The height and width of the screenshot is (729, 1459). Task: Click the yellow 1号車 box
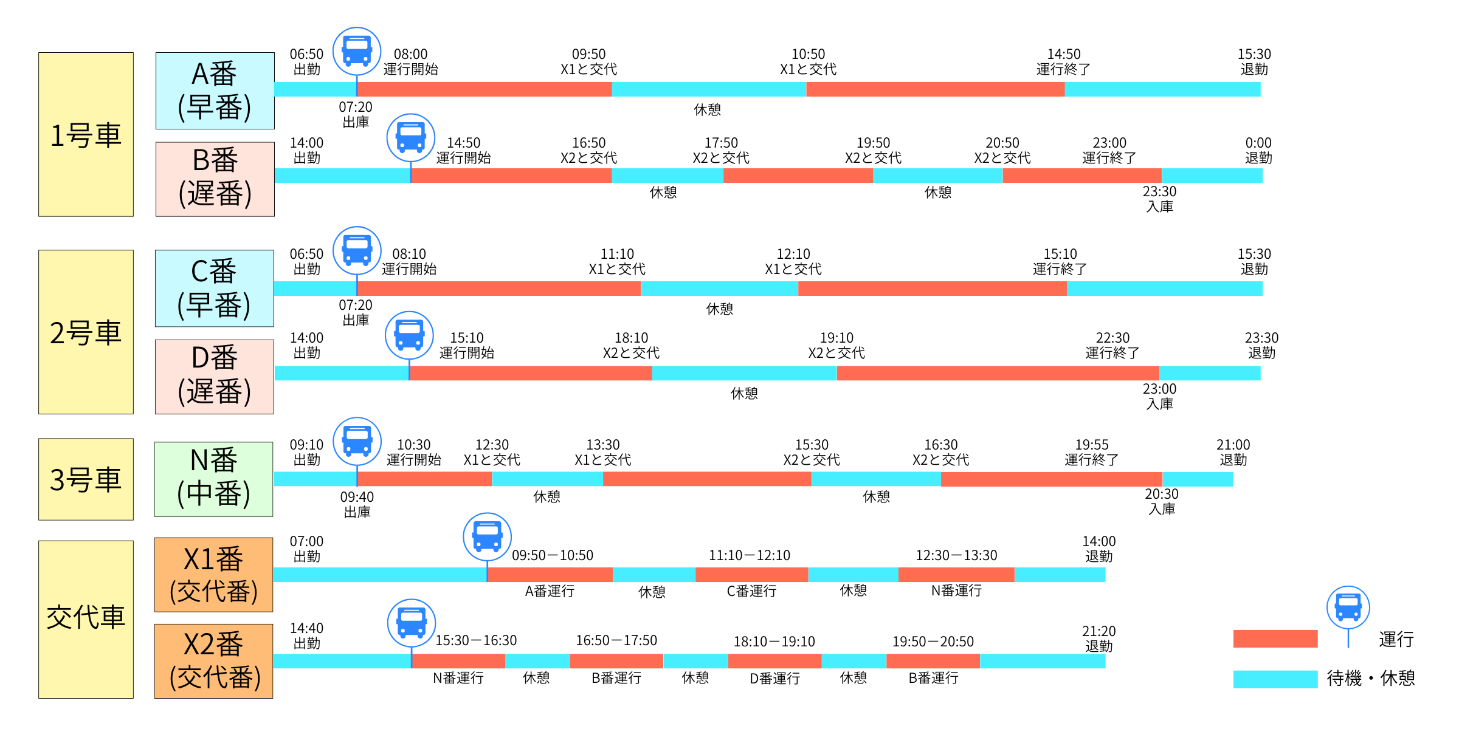pyautogui.click(x=86, y=134)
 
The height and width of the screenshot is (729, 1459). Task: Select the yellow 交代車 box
pyautogui.click(x=86, y=619)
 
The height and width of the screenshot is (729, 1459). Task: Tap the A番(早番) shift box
pyautogui.click(x=215, y=91)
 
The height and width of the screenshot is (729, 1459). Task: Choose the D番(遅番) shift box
pyautogui.click(x=214, y=377)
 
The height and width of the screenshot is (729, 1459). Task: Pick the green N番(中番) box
pyautogui.click(x=213, y=479)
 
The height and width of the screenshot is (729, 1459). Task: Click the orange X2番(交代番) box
pyautogui.click(x=213, y=661)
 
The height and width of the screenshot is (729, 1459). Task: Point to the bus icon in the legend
pyautogui.click(x=1348, y=607)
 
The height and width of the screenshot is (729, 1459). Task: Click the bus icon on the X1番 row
pyautogui.click(x=487, y=536)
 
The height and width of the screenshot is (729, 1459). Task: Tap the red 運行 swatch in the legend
pyautogui.click(x=1275, y=638)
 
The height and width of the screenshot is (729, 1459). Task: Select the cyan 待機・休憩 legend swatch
pyautogui.click(x=1275, y=679)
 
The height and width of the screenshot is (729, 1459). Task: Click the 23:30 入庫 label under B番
pyautogui.click(x=1159, y=199)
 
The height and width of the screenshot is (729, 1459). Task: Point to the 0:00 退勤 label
pyautogui.click(x=1258, y=150)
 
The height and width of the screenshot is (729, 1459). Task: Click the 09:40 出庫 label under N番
pyautogui.click(x=357, y=504)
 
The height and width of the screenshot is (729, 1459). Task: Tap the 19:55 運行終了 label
pyautogui.click(x=1091, y=452)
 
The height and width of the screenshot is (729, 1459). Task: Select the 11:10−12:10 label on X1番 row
pyautogui.click(x=749, y=555)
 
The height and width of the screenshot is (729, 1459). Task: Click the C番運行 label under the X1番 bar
pyautogui.click(x=751, y=590)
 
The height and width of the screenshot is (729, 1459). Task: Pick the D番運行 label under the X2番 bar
pyautogui.click(x=774, y=678)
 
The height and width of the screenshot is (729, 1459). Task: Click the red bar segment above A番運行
pyautogui.click(x=550, y=574)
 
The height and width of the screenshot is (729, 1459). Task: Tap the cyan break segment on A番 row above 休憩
pyautogui.click(x=708, y=89)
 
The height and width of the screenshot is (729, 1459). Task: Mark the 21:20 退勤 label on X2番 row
pyautogui.click(x=1099, y=638)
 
